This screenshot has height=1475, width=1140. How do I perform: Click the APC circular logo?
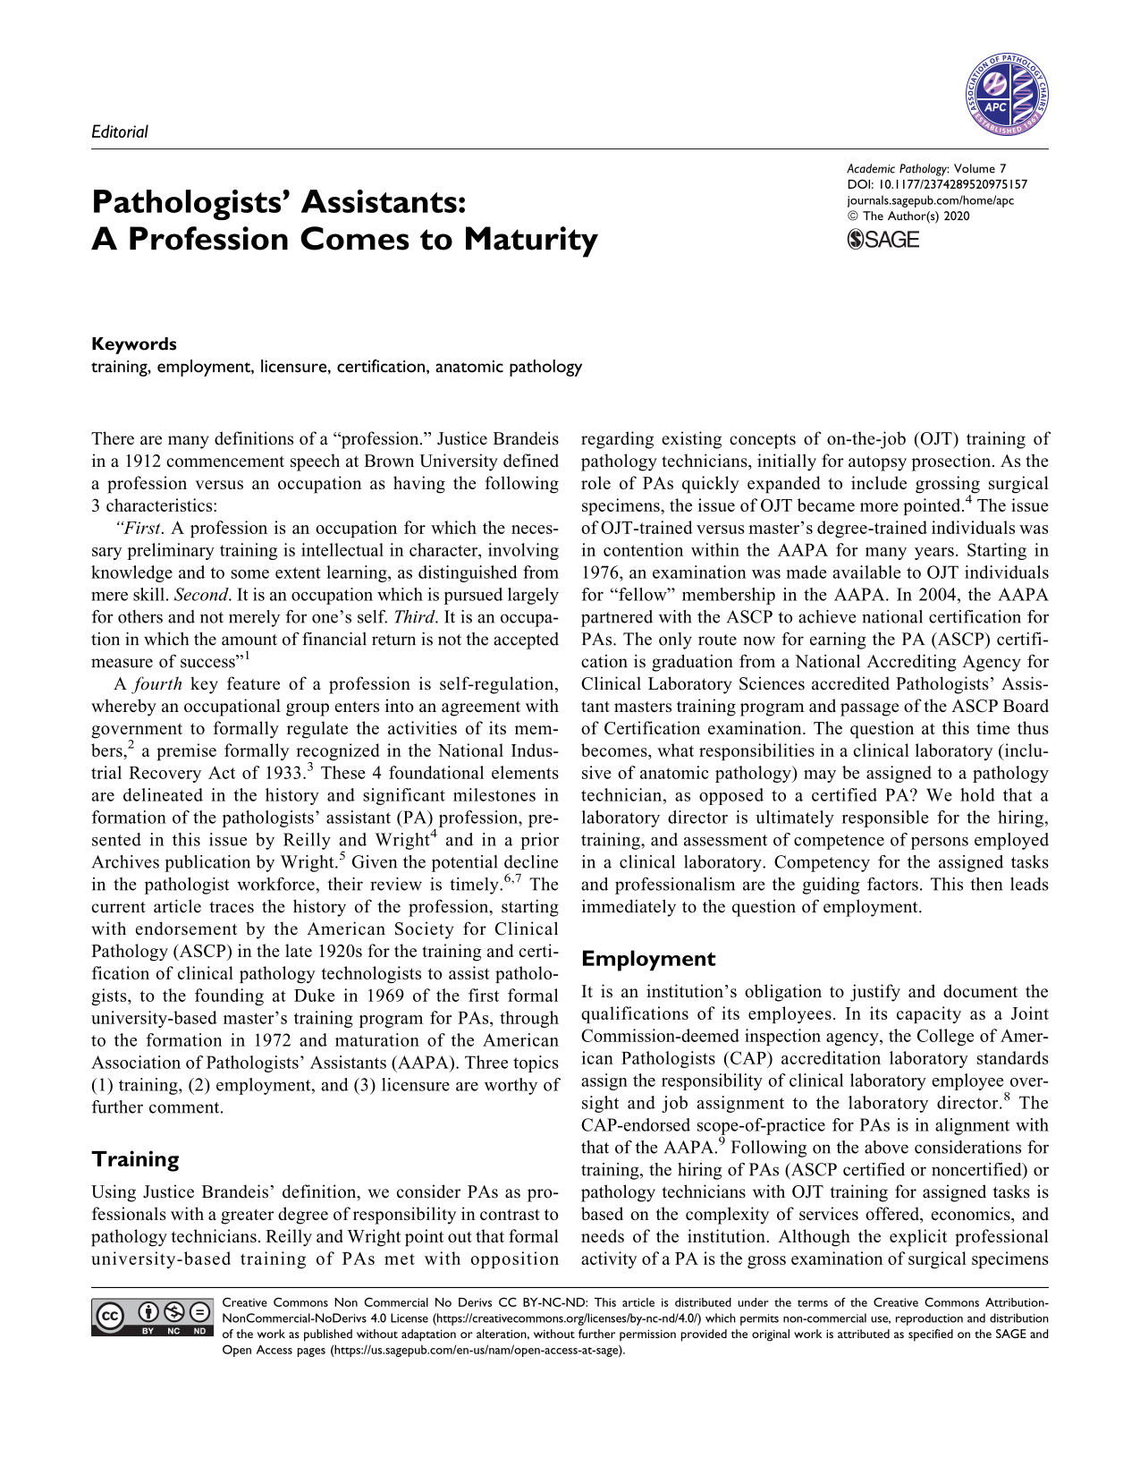(1006, 94)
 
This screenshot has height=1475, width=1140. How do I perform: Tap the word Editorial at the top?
(120, 131)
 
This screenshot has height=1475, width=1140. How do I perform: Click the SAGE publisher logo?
(882, 239)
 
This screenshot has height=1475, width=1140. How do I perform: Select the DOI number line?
(936, 184)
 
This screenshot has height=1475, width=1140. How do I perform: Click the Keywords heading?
(134, 344)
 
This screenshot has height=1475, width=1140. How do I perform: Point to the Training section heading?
(136, 1159)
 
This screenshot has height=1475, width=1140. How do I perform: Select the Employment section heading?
(648, 959)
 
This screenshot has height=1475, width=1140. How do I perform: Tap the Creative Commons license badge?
(152, 1318)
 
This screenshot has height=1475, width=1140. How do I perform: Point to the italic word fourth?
(158, 684)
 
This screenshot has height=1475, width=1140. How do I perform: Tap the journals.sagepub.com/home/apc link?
(930, 200)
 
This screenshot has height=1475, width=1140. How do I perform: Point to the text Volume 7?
(981, 168)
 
